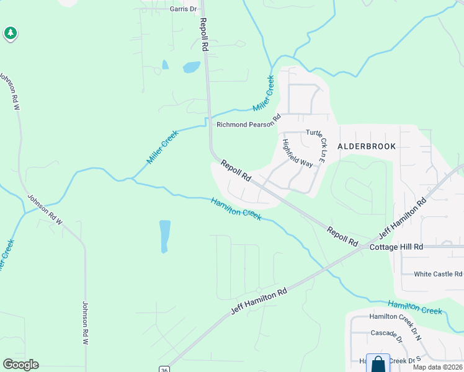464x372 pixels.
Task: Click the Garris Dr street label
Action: [182, 9]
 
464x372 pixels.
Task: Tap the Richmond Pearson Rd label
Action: [248, 125]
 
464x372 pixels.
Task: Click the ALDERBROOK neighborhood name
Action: [366, 146]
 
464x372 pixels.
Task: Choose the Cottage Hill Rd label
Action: [396, 247]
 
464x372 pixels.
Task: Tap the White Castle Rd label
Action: [438, 274]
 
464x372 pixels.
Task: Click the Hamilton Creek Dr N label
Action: [395, 317]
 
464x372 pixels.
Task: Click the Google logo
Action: [20, 365]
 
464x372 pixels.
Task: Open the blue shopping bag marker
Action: [378, 364]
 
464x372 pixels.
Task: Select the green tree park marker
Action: [11, 33]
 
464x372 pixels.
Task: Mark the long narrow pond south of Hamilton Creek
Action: [164, 236]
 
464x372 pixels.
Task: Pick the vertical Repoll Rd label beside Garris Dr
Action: [203, 35]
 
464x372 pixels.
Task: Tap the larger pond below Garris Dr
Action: [191, 67]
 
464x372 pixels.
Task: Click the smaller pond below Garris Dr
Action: [165, 64]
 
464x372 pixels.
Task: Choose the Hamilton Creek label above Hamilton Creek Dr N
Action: [415, 306]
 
